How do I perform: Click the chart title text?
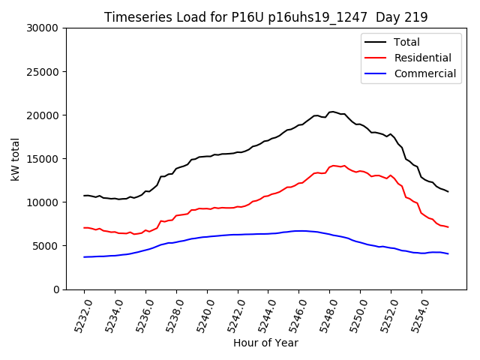pyautogui.click(x=265, y=17)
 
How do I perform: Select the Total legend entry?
pyautogui.click(x=406, y=42)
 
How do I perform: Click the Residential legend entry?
pyautogui.click(x=422, y=58)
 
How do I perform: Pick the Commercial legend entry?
pyautogui.click(x=424, y=73)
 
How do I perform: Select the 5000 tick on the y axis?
pyautogui.click(x=46, y=246)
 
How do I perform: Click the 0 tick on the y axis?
pyautogui.click(x=55, y=289)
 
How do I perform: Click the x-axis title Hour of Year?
pyautogui.click(x=265, y=343)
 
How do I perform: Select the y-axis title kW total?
pyautogui.click(x=15, y=159)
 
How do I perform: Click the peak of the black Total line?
pyautogui.click(x=332, y=112)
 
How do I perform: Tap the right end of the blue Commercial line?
pyautogui.click(x=448, y=253)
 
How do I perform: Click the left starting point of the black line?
pyautogui.click(x=84, y=196)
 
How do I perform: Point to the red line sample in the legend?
pyautogui.click(x=376, y=58)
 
